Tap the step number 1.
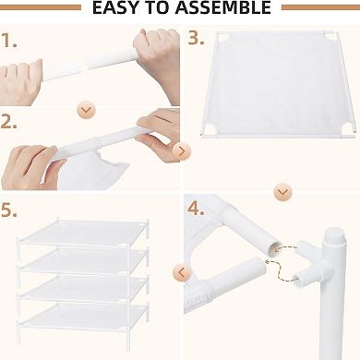[x=9, y=42]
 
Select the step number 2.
[x=9, y=122]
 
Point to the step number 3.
[x=196, y=39]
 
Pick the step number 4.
[x=196, y=210]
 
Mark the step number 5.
[x=10, y=211]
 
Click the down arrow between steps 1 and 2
[x=87, y=110]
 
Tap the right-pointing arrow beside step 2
[x=181, y=150]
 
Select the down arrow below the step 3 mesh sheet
[x=283, y=193]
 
